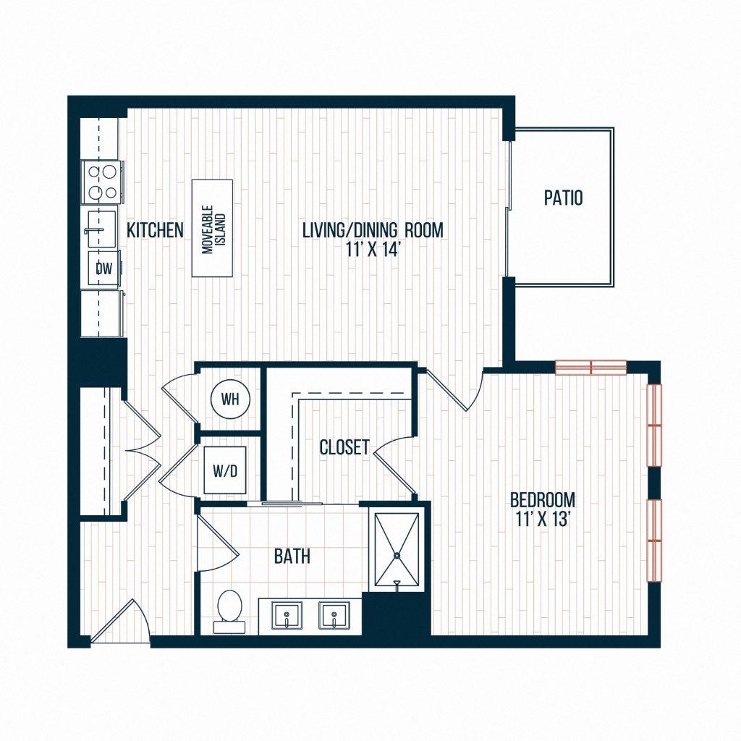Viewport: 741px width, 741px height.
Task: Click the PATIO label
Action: click(563, 198)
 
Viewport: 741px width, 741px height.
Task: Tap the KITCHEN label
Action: click(155, 231)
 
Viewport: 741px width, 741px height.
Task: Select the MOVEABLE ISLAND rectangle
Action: click(212, 228)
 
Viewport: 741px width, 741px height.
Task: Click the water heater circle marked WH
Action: click(229, 399)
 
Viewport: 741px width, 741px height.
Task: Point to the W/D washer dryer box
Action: click(224, 470)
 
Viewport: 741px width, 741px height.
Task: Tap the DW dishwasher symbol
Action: click(103, 269)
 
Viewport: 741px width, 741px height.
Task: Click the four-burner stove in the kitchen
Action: click(102, 182)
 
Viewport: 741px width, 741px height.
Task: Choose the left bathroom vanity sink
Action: click(287, 617)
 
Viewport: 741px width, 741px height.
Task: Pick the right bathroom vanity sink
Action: click(334, 617)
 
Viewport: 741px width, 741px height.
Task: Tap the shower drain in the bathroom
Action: click(397, 555)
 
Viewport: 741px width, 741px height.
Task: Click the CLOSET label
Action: click(344, 447)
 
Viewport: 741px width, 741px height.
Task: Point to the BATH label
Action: click(292, 556)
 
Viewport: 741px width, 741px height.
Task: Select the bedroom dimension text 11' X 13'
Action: click(543, 518)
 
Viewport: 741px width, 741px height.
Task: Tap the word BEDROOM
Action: click(543, 499)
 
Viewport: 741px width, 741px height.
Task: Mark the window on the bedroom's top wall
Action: click(590, 367)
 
